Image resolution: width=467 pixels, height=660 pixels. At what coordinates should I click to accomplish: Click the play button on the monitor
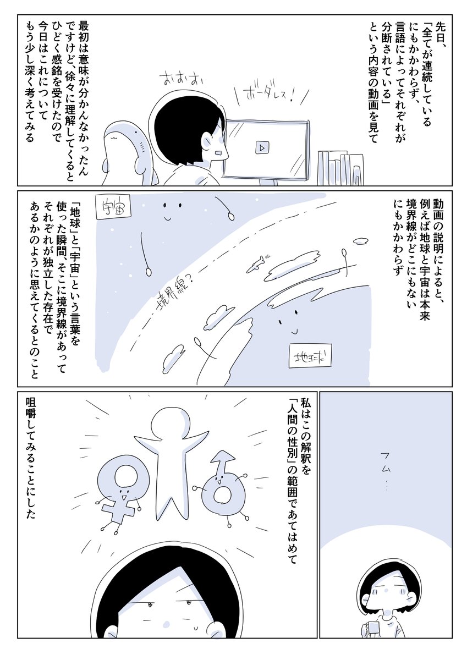tap(262, 147)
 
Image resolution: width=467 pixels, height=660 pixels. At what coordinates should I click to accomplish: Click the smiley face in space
tap(171, 208)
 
